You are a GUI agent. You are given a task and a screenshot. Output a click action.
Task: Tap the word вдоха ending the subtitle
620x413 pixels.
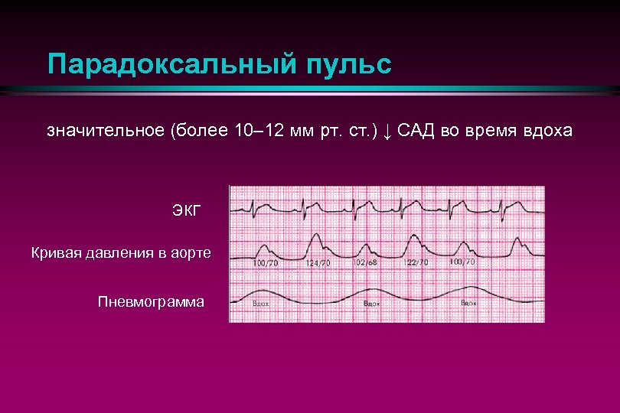click(x=546, y=131)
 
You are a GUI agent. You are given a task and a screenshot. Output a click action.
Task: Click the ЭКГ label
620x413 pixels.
click(x=187, y=210)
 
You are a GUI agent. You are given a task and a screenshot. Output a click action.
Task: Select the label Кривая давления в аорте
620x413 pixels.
click(x=122, y=252)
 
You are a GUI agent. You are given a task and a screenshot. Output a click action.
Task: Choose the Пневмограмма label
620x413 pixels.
click(x=152, y=301)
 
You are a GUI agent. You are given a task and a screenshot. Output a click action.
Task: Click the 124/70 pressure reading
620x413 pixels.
click(x=318, y=263)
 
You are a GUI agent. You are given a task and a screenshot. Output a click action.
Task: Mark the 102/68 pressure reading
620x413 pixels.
click(x=364, y=263)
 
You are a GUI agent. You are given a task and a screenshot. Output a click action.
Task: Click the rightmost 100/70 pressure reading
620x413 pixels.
click(x=462, y=262)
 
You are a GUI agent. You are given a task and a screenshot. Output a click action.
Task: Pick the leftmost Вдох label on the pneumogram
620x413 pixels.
click(x=260, y=304)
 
